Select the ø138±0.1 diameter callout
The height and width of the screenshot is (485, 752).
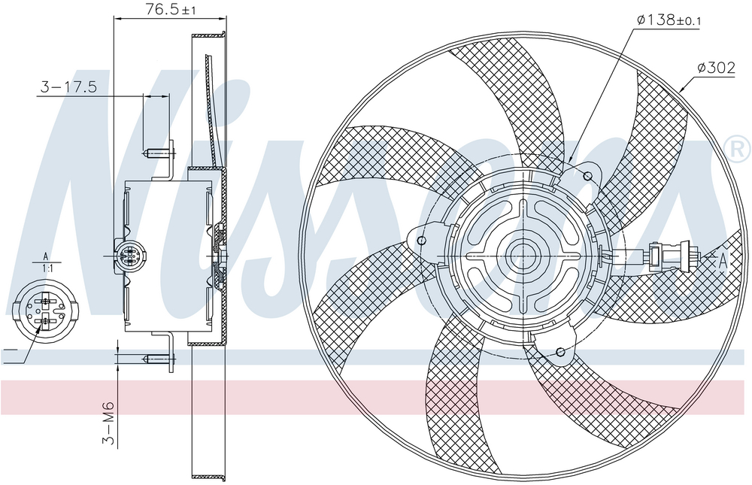click(669, 20)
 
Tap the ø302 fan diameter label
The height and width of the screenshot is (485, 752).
click(716, 68)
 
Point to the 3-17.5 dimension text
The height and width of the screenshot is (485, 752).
click(68, 86)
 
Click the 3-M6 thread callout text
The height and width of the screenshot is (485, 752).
click(109, 423)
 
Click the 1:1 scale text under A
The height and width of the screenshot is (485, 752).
click(47, 268)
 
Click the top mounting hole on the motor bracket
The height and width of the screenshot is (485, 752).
click(587, 176)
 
